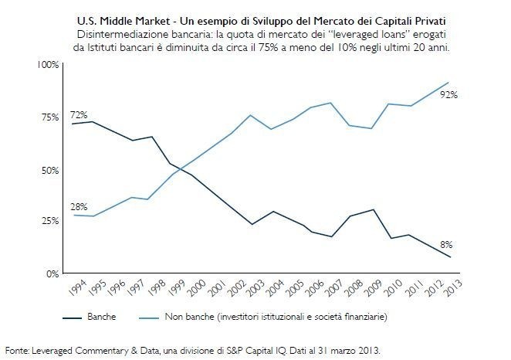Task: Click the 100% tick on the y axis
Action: pyautogui.click(x=48, y=64)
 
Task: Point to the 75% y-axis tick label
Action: pyautogui.click(x=50, y=117)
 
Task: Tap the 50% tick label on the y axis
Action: pyautogui.click(x=50, y=169)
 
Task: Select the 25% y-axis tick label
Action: pyautogui.click(x=50, y=221)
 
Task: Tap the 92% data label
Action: pyautogui.click(x=449, y=95)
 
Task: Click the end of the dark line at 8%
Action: pyautogui.click(x=448, y=257)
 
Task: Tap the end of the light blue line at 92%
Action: pyautogui.click(x=448, y=82)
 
